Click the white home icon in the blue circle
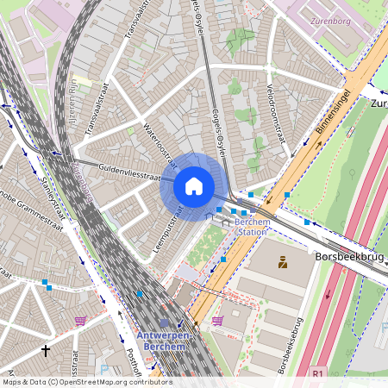(x=194, y=185)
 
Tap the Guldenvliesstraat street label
(x=129, y=172)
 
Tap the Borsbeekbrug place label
(x=349, y=257)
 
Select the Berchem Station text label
(x=253, y=227)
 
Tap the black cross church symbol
(x=46, y=350)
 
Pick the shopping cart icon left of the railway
(x=80, y=321)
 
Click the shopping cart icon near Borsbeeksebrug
(x=217, y=321)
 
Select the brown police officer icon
(x=281, y=262)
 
